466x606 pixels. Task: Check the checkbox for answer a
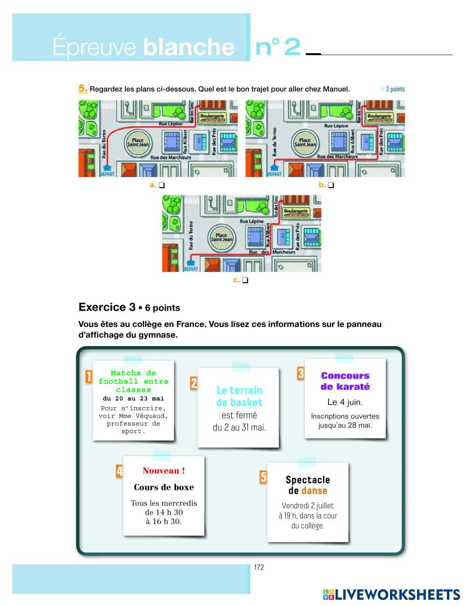tap(162, 185)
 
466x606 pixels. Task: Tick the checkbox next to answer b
tap(331, 185)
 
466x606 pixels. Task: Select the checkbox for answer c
tap(246, 280)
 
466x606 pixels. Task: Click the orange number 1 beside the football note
tap(89, 376)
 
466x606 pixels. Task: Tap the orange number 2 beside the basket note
tap(194, 383)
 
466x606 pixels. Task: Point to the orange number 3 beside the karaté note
tap(301, 373)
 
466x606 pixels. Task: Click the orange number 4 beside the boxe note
tap(119, 471)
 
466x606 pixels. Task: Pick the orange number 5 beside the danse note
tap(263, 477)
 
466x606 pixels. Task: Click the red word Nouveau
tap(164, 471)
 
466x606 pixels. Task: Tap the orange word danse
tap(315, 490)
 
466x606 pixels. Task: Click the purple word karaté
tap(352, 387)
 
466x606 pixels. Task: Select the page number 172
tap(259, 567)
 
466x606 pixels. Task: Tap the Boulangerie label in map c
tap(296, 211)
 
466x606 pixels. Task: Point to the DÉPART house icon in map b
tap(274, 167)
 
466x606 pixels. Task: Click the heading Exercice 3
tap(107, 307)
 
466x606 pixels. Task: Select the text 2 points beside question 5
tap(395, 89)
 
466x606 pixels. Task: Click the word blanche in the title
tap(189, 47)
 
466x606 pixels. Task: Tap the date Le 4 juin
tap(345, 402)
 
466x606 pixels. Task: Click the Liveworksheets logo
tap(391, 594)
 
